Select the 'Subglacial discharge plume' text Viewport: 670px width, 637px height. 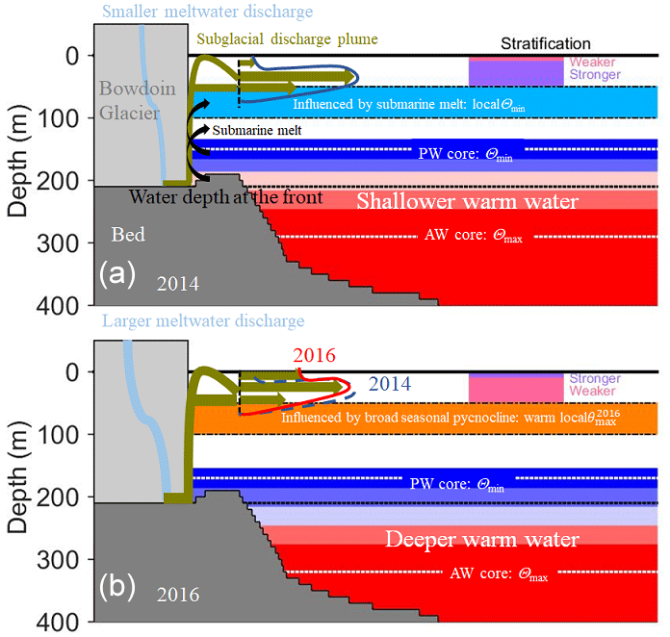(x=287, y=39)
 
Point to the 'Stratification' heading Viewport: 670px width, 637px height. (x=546, y=43)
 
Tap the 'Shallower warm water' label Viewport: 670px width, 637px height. (x=467, y=202)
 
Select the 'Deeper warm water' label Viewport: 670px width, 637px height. (x=481, y=539)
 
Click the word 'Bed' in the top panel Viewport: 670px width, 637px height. (x=127, y=235)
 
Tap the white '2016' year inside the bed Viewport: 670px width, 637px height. (x=179, y=596)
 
